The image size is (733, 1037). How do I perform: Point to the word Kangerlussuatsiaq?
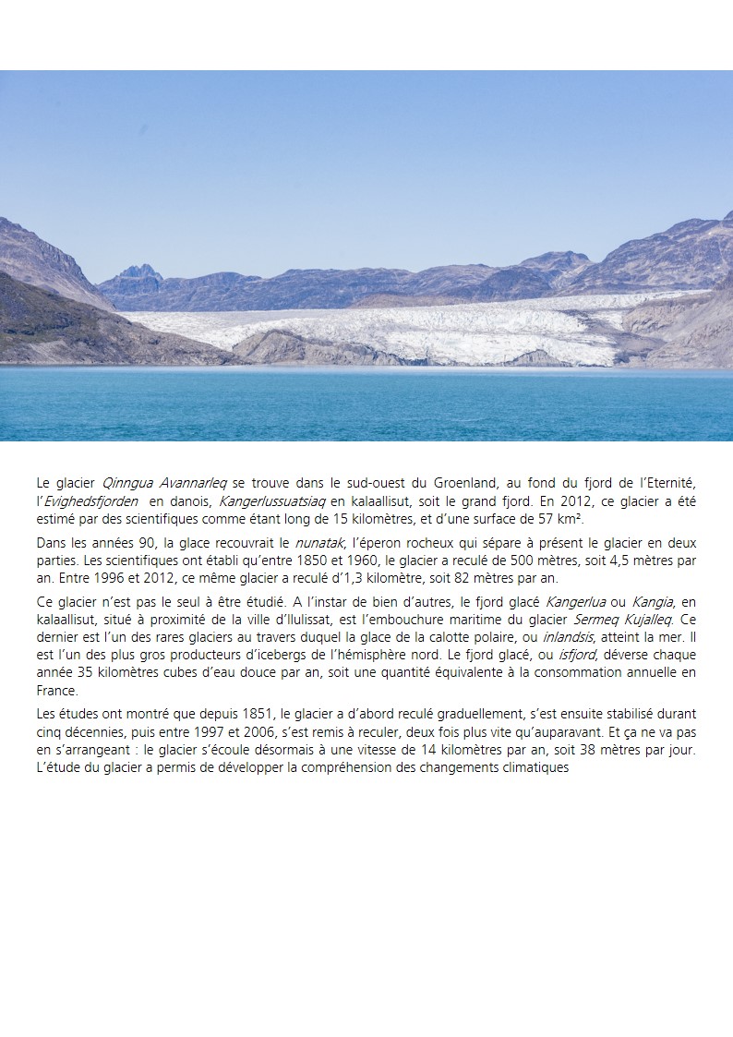tap(272, 500)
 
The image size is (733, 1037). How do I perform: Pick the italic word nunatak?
tap(318, 543)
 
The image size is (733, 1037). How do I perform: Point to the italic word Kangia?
tap(653, 603)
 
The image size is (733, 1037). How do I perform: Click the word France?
tap(57, 690)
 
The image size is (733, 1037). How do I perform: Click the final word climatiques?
tap(534, 767)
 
